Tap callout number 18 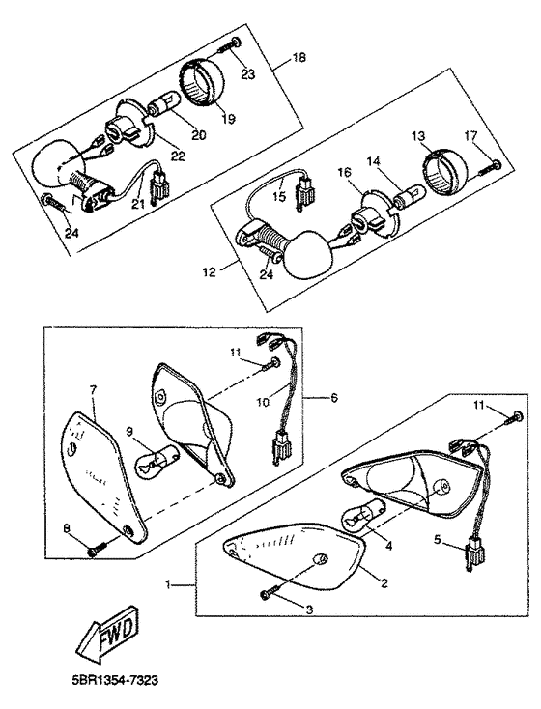click(x=300, y=59)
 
